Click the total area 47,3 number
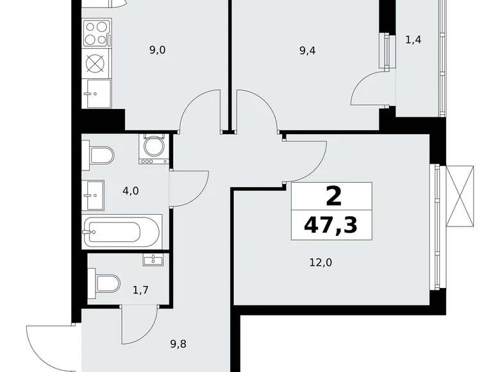point(331,224)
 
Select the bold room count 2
point(333,196)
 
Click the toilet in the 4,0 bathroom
point(101,155)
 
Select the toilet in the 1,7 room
point(104,283)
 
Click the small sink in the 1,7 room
point(153,259)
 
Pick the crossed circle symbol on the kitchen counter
point(95,64)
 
